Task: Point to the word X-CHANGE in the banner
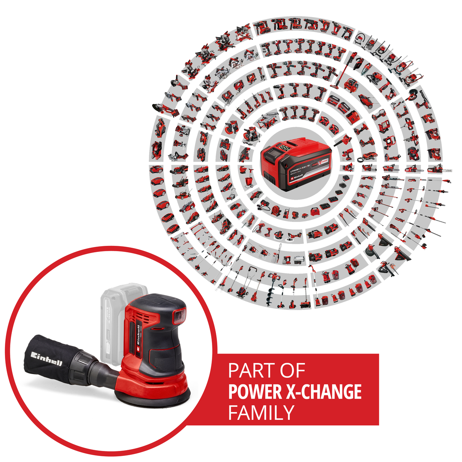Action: [323, 392]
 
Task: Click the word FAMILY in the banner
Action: [261, 413]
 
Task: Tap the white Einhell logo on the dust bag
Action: [46, 358]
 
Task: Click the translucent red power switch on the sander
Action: [180, 315]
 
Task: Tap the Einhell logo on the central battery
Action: [297, 176]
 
